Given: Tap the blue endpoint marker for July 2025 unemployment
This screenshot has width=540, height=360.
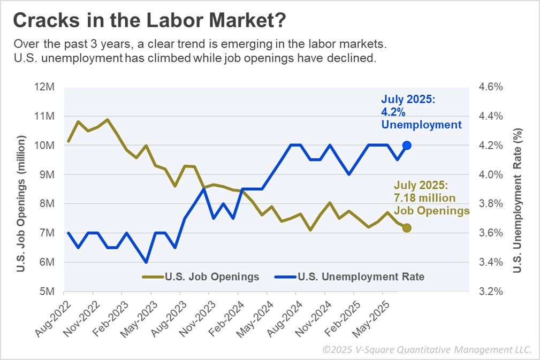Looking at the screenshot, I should coord(407,145).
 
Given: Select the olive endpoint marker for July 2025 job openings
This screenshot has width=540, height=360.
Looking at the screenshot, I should coord(407,228).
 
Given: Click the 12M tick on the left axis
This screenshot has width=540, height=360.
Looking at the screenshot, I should coord(46,87).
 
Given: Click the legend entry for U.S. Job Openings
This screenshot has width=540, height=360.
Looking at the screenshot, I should coord(201,277).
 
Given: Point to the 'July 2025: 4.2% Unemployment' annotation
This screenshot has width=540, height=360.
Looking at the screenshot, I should coord(421,112).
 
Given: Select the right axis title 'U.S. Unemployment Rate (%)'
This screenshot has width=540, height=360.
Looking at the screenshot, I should coord(517,200).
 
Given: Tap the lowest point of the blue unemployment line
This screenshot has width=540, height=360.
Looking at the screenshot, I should coord(146,262).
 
